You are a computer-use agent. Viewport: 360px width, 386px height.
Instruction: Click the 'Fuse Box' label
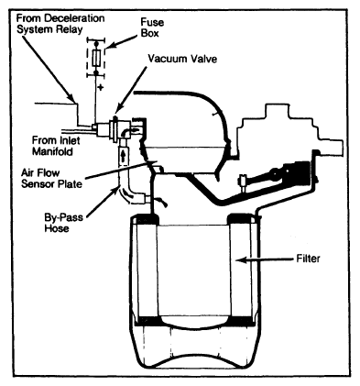(x=152, y=28)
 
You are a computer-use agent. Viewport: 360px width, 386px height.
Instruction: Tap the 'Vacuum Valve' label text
(x=182, y=59)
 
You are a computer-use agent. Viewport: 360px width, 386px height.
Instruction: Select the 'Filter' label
(x=309, y=259)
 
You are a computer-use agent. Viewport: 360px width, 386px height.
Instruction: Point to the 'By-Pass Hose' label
(x=63, y=223)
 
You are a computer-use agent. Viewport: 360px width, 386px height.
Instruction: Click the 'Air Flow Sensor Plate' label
(x=51, y=178)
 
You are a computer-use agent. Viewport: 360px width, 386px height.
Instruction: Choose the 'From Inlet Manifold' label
(x=56, y=146)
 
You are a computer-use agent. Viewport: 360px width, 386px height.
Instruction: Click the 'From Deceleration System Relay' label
(x=60, y=24)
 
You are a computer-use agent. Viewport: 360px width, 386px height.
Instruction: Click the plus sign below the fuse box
(x=101, y=88)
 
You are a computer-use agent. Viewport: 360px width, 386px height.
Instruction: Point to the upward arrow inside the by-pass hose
(x=123, y=155)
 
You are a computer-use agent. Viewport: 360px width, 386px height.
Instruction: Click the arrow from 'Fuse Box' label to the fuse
(x=122, y=41)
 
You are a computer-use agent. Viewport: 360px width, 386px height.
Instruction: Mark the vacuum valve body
(x=115, y=128)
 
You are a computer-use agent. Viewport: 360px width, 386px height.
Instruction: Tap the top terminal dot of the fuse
(x=96, y=43)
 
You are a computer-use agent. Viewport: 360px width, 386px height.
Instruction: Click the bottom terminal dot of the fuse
(x=96, y=72)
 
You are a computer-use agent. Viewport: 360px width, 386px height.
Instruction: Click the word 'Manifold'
(x=52, y=151)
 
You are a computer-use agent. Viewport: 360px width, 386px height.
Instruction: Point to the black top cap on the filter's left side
(x=145, y=220)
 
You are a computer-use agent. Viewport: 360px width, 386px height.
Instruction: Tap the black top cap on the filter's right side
(x=242, y=219)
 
